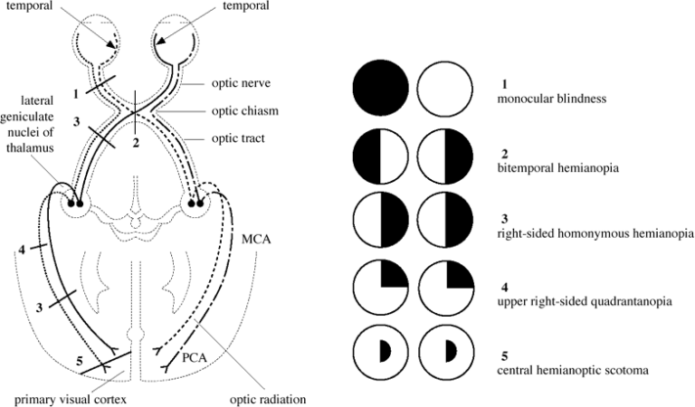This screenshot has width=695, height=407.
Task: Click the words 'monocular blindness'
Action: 544,98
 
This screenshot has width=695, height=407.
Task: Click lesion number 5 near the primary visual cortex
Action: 81,362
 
